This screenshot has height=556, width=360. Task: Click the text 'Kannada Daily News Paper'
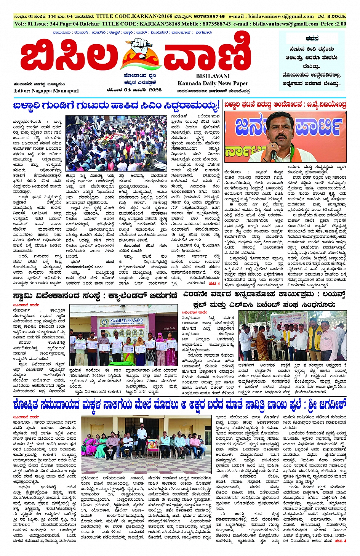coord(213,83)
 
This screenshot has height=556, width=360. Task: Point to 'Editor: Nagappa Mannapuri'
coord(46,91)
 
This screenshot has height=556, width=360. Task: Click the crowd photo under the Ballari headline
coord(116,143)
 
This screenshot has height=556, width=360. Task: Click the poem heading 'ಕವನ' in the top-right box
coord(312,39)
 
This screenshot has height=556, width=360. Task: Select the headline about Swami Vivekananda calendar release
coord(95,295)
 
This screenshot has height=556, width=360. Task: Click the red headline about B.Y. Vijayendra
coord(285,104)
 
